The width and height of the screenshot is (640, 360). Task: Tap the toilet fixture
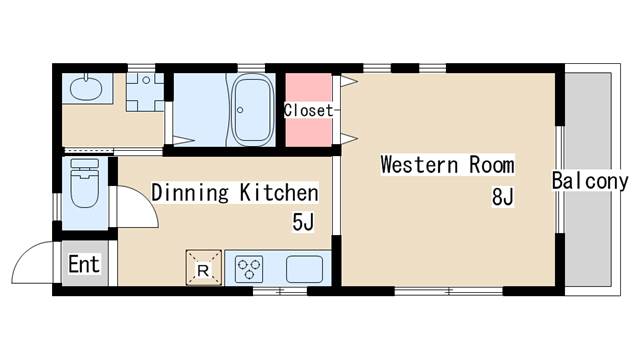point(84,183)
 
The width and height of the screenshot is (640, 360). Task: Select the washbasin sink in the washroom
point(86,87)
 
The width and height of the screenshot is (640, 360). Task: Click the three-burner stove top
point(249,269)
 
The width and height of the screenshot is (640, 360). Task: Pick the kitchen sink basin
point(304,269)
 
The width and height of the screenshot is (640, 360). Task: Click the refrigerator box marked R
point(204,268)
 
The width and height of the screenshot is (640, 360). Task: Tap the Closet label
point(309,110)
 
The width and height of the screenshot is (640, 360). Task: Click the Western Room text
point(447,164)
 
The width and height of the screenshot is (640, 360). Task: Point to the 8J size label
point(502,197)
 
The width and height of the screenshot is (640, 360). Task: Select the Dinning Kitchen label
point(235,193)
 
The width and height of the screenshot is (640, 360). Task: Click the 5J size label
point(303,222)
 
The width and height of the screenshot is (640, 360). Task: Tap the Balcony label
point(590,181)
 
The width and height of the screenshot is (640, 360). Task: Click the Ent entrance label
point(84,264)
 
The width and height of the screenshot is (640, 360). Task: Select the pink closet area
point(308,110)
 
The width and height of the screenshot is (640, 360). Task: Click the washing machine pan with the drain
point(145,92)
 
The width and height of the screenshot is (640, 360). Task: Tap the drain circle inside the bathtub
point(240,110)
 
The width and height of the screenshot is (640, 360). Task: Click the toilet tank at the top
point(85,164)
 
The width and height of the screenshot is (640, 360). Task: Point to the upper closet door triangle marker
point(349,81)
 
